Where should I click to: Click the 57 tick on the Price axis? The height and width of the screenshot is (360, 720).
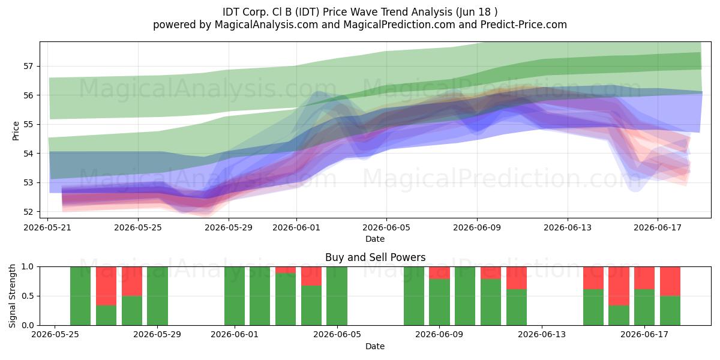pyautogui.click(x=28, y=66)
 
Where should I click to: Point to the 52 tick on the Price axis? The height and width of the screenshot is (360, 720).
pyautogui.click(x=28, y=212)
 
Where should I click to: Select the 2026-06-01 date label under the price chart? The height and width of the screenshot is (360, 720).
pyautogui.click(x=296, y=227)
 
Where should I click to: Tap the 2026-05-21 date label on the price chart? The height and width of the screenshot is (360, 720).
pyautogui.click(x=47, y=227)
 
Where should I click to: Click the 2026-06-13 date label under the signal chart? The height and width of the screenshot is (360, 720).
pyautogui.click(x=542, y=334)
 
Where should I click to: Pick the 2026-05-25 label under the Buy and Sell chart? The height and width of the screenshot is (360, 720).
pyautogui.click(x=55, y=334)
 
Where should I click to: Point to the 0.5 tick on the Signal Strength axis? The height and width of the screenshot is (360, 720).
pyautogui.click(x=28, y=296)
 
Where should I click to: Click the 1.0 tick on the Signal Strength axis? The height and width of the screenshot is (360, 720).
pyautogui.click(x=28, y=266)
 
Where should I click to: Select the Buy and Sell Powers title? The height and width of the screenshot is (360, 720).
pyautogui.click(x=375, y=257)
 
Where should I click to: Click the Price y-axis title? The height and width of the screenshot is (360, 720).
pyautogui.click(x=16, y=131)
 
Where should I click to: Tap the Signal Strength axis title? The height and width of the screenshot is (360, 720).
pyautogui.click(x=12, y=296)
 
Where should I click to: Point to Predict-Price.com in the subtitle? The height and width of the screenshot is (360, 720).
pyautogui.click(x=524, y=25)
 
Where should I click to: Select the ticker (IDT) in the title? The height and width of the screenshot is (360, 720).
pyautogui.click(x=307, y=12)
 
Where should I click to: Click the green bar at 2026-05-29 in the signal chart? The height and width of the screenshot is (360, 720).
pyautogui.click(x=157, y=296)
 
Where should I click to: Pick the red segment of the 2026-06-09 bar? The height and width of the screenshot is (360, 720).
pyautogui.click(x=439, y=272)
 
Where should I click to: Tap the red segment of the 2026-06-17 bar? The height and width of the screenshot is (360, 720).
pyautogui.click(x=644, y=278)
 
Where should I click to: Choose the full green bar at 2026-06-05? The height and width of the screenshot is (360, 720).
pyautogui.click(x=337, y=296)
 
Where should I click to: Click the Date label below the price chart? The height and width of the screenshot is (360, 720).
pyautogui.click(x=375, y=239)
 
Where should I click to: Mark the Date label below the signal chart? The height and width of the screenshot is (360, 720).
pyautogui.click(x=375, y=346)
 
